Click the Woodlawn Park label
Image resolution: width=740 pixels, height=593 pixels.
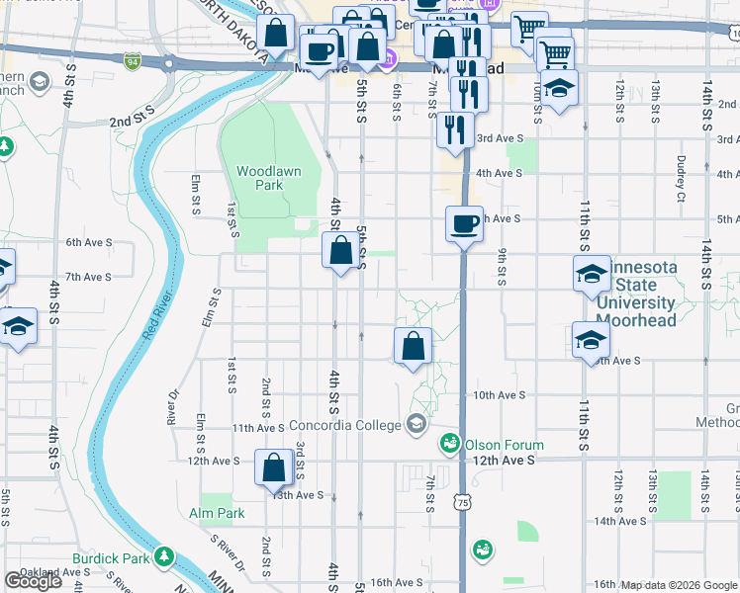point(268,178)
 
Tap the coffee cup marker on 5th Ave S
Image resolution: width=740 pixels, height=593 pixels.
point(464,224)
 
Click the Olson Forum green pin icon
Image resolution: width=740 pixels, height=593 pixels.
point(450,442)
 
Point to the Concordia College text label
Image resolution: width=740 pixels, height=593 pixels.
point(345,425)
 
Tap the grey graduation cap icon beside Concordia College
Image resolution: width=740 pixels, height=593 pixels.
point(416,425)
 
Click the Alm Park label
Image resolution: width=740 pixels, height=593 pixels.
point(217,513)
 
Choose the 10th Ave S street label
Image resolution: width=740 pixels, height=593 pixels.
point(499,395)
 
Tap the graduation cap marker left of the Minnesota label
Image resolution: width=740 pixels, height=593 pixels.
point(592,273)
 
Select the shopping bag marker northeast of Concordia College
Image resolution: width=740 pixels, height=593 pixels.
point(414,347)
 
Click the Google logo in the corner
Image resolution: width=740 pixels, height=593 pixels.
point(33,581)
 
